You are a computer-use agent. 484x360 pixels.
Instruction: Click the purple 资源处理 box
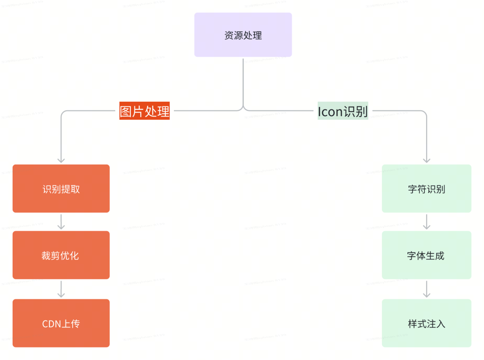click(243, 35)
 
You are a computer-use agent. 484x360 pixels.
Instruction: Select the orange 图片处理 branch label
click(144, 111)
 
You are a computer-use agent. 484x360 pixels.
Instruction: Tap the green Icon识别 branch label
click(343, 111)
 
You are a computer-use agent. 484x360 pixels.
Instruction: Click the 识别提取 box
click(61, 189)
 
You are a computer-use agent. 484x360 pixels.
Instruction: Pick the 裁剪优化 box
click(61, 256)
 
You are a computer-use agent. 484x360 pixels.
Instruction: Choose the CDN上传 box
click(61, 323)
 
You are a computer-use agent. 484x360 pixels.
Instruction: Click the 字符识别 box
click(426, 189)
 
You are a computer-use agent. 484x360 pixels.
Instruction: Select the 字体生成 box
click(426, 256)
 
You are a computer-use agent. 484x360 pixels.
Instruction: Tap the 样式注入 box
click(426, 323)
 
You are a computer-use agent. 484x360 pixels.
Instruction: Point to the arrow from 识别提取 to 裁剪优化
click(61, 221)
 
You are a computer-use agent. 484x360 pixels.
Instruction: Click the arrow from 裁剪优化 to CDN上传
click(61, 289)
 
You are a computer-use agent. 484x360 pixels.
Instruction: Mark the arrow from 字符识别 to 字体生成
click(427, 221)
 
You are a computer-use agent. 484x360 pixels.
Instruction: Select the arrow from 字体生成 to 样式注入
click(427, 289)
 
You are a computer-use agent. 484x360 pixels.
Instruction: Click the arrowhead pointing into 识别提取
click(61, 160)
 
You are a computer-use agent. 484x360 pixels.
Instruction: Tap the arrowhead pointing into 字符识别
click(427, 160)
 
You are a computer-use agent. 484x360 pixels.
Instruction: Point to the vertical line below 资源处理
click(243, 81)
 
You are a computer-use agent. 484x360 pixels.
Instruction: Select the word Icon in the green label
click(330, 111)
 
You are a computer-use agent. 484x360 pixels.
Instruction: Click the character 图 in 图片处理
click(126, 111)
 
